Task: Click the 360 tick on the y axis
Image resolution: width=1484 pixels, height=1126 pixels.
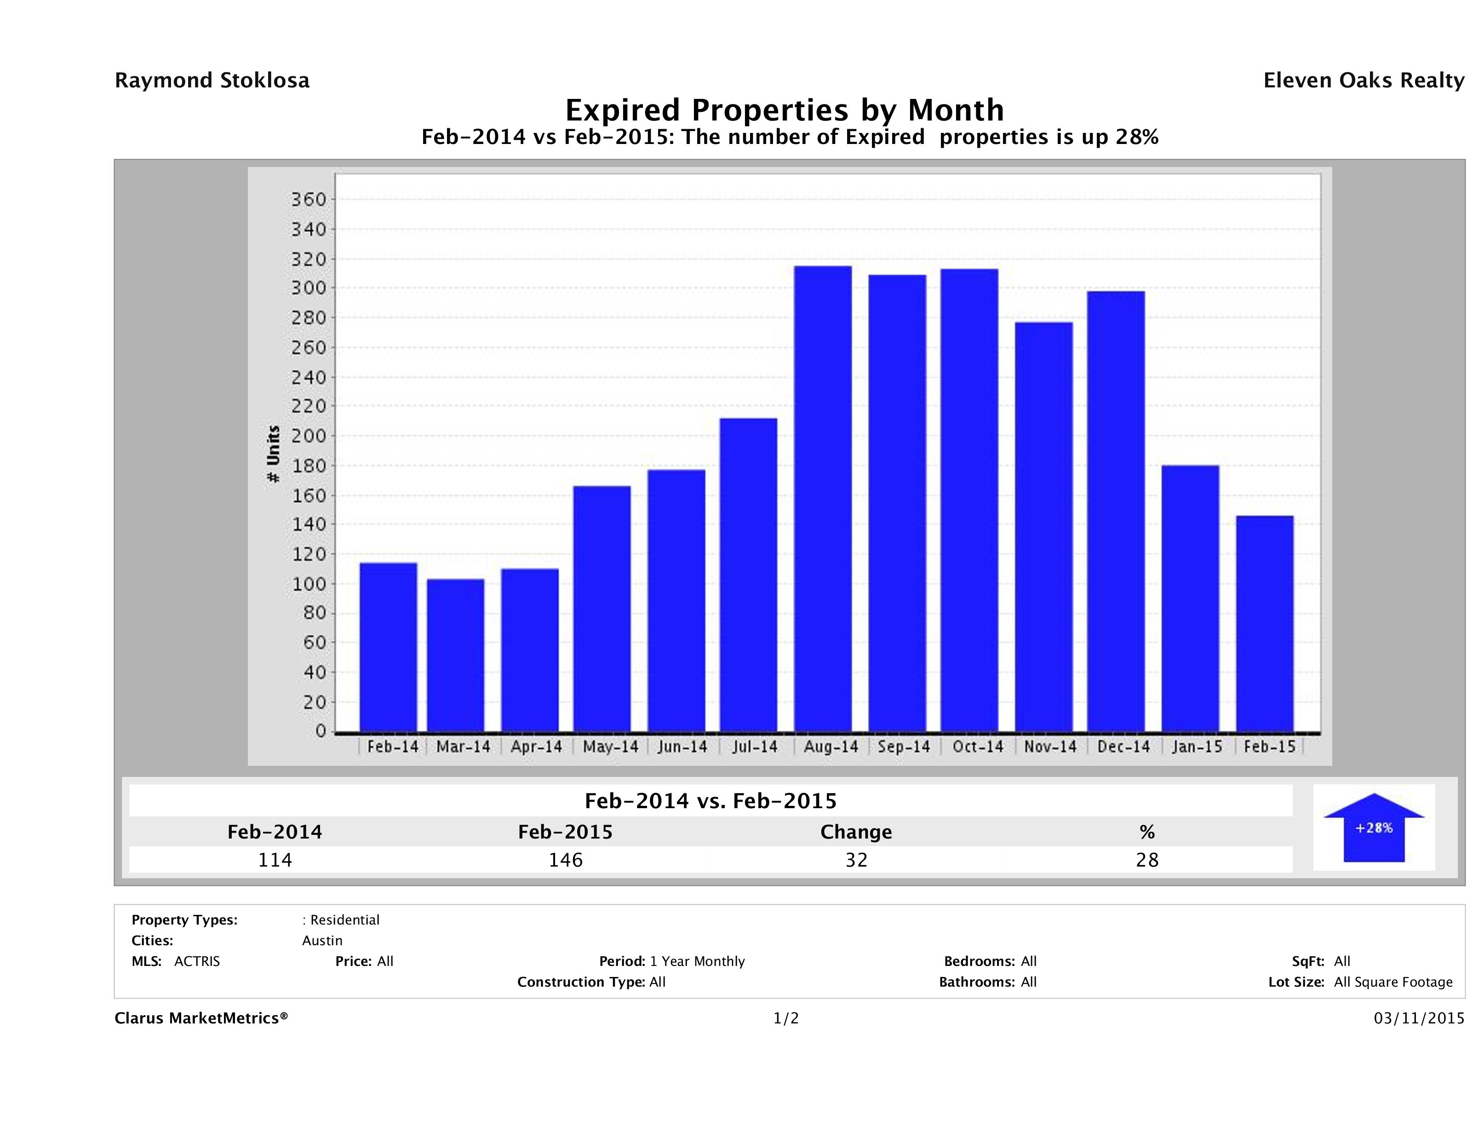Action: click(x=308, y=199)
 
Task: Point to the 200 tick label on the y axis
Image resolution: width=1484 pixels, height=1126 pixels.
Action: click(x=308, y=436)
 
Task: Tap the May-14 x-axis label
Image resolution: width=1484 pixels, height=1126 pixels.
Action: click(x=610, y=747)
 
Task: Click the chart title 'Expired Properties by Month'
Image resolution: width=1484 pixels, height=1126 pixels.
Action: click(x=784, y=109)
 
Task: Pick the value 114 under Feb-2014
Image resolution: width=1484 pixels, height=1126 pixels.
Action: click(x=275, y=860)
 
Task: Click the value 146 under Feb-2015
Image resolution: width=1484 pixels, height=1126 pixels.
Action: click(x=566, y=860)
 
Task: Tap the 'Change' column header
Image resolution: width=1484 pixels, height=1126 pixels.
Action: click(x=856, y=832)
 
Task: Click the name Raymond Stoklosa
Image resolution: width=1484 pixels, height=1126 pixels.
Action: click(x=212, y=80)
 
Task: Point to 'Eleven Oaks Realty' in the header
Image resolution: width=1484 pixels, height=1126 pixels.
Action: click(x=1363, y=80)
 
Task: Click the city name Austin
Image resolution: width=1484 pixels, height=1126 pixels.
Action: click(x=322, y=941)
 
